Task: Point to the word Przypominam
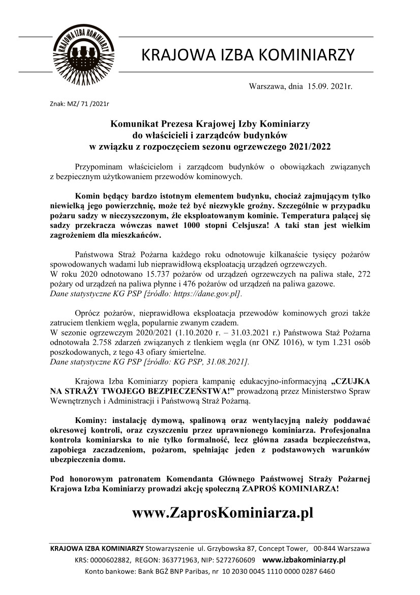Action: point(98,166)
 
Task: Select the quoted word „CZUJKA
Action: point(350,381)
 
